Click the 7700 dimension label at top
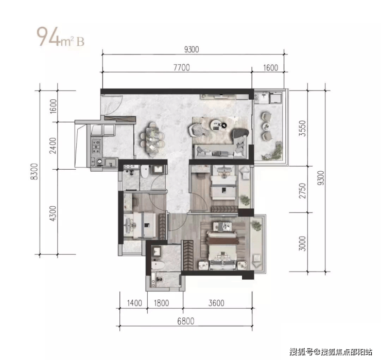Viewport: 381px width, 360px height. point(182,67)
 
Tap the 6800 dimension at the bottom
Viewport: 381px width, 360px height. point(186,321)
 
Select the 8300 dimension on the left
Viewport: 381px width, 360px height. point(34,171)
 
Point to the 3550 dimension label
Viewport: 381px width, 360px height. point(302,128)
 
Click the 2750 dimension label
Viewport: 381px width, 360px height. point(302,191)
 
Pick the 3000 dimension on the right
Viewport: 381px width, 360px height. point(302,243)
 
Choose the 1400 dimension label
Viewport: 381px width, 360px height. point(134,303)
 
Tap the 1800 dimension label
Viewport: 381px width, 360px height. point(161,303)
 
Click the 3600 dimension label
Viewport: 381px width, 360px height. point(216,303)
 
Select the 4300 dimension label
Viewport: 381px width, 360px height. point(53,213)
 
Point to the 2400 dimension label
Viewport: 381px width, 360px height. point(53,146)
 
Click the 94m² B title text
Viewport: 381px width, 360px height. point(60,37)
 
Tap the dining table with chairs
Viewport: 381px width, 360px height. point(152,139)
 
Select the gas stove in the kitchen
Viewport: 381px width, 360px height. point(96,146)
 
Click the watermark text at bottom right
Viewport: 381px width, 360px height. point(331,352)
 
